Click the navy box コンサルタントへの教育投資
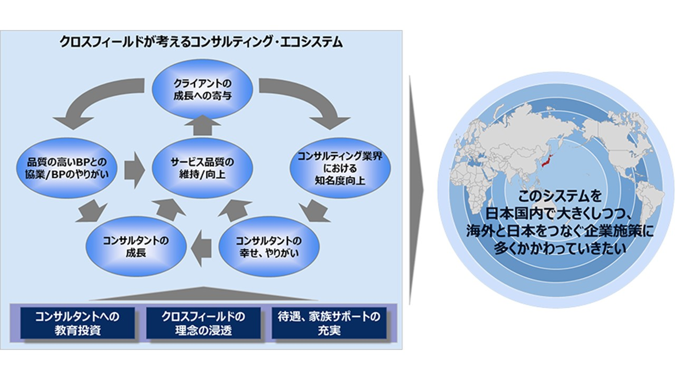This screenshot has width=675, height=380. (x=77, y=323)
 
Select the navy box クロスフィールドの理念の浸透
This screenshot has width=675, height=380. (x=202, y=323)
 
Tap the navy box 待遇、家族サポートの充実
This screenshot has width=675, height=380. (x=329, y=323)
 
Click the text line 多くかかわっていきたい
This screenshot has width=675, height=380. (x=560, y=248)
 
